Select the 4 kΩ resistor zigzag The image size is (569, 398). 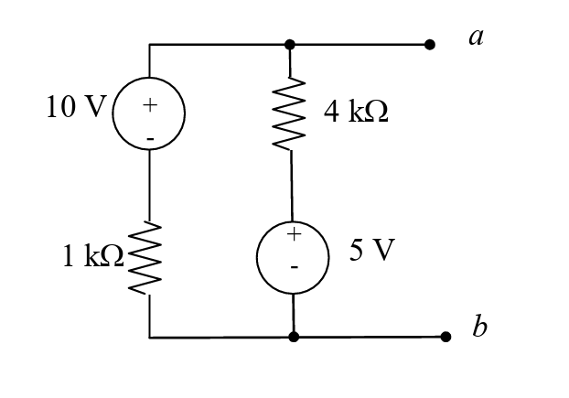point(290,113)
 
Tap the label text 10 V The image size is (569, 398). point(76,107)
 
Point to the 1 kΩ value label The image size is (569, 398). point(92,256)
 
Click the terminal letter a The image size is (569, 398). point(475,37)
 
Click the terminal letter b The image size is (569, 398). point(480,327)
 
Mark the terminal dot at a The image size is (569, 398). point(430,44)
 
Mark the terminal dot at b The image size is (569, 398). point(446,337)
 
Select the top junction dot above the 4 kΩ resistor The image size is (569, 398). point(290,44)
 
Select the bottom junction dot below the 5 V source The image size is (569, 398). point(294,337)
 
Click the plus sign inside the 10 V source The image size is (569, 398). point(150,104)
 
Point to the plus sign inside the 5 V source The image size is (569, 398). point(294,235)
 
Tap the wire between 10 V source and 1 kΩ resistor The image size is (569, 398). point(150,183)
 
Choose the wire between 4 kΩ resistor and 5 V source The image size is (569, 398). point(292,188)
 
